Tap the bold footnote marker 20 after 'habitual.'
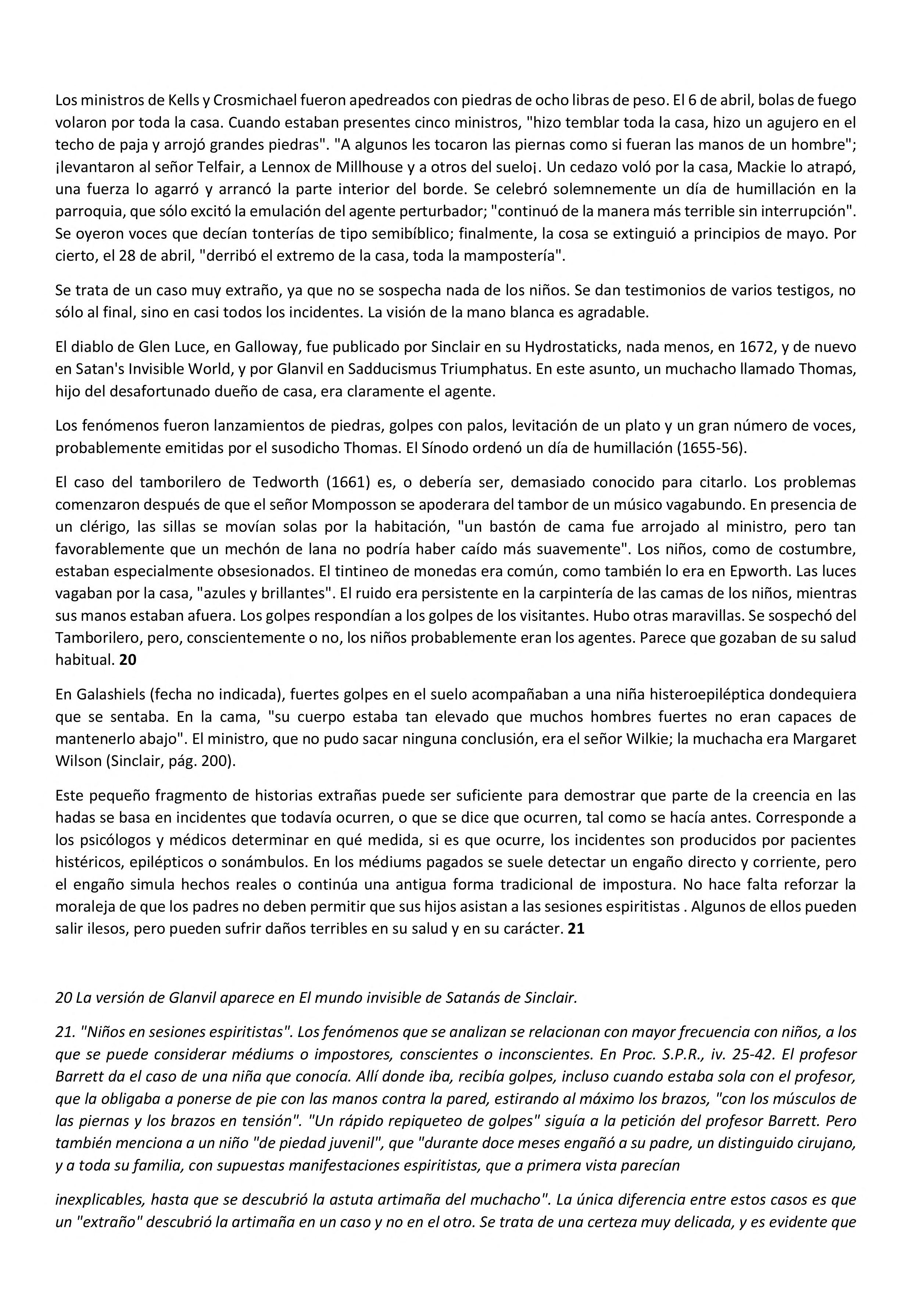pos(128,660)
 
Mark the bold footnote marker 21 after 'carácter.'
pos(576,929)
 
